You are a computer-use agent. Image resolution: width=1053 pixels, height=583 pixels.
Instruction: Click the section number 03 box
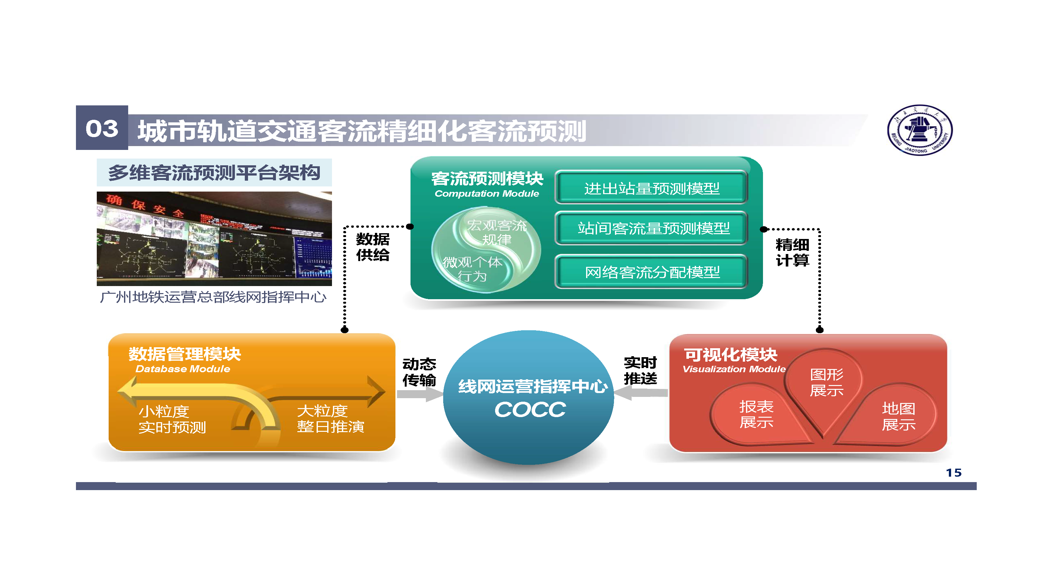pos(102,128)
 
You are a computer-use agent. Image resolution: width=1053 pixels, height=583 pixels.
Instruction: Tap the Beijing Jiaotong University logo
pos(920,130)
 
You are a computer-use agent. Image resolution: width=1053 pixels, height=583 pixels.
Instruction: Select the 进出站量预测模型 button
pos(651,188)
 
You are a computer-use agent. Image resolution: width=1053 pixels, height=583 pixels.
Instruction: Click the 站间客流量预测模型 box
pos(651,228)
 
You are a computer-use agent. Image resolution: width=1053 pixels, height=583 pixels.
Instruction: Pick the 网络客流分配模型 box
pos(651,272)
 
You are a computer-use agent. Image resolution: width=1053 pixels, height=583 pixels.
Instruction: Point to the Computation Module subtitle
pos(486,194)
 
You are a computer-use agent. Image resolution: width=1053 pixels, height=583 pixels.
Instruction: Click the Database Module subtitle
pos(183,369)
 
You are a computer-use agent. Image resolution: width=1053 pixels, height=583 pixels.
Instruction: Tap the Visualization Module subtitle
pos(734,369)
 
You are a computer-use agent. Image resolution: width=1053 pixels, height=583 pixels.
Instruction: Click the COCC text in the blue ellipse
pos(530,410)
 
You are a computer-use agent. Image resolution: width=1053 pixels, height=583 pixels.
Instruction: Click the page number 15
pos(953,473)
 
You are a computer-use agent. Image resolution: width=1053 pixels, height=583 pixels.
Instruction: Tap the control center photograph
pos(214,239)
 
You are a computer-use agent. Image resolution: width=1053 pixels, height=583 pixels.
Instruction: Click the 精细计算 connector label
pos(792,252)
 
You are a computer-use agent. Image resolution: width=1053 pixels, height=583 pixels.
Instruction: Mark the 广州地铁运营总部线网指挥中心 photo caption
pos(213,297)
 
